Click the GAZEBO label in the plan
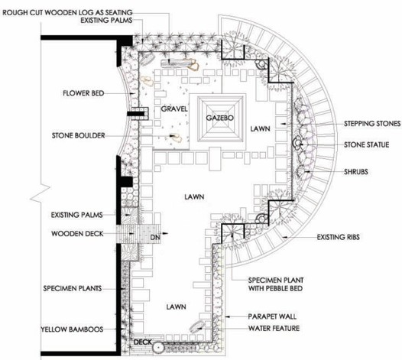[x=220, y=118]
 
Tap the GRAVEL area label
[x=174, y=109]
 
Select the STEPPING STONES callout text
[x=372, y=124]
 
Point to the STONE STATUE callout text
[x=366, y=145]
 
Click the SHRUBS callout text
[x=356, y=172]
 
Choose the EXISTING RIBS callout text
[x=338, y=237]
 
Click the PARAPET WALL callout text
[x=272, y=316]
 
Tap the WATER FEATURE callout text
[x=274, y=328]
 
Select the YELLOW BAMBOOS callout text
[x=73, y=329]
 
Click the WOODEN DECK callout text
[x=77, y=234]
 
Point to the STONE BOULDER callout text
[x=79, y=135]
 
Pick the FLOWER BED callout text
[x=83, y=93]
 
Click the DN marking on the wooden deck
[x=155, y=238]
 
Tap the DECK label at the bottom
[x=143, y=342]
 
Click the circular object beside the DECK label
[x=159, y=348]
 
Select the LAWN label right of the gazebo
[x=260, y=128]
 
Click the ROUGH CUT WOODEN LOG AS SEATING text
[x=67, y=12]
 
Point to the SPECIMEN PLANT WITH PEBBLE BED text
[x=276, y=284]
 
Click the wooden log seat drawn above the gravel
[x=177, y=63]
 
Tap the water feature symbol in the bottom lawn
[x=196, y=326]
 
